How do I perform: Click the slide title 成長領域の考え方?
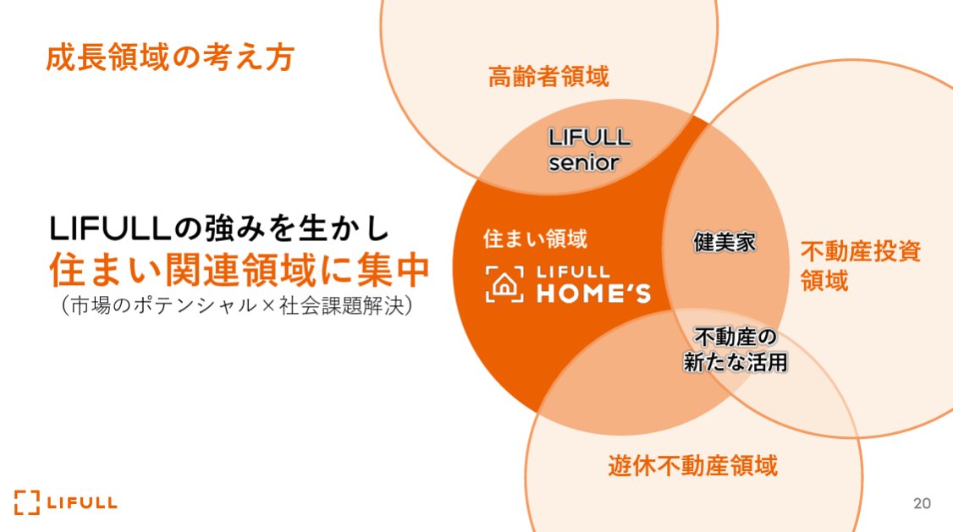(x=169, y=58)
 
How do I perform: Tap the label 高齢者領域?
(x=548, y=78)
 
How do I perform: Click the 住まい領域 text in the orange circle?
(x=534, y=239)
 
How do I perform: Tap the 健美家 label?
(x=724, y=242)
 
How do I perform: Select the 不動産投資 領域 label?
(x=859, y=265)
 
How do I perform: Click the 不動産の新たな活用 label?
(x=735, y=350)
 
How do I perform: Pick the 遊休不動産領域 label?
(x=692, y=464)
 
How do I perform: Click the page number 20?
(x=922, y=503)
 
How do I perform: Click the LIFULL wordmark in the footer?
(x=82, y=503)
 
